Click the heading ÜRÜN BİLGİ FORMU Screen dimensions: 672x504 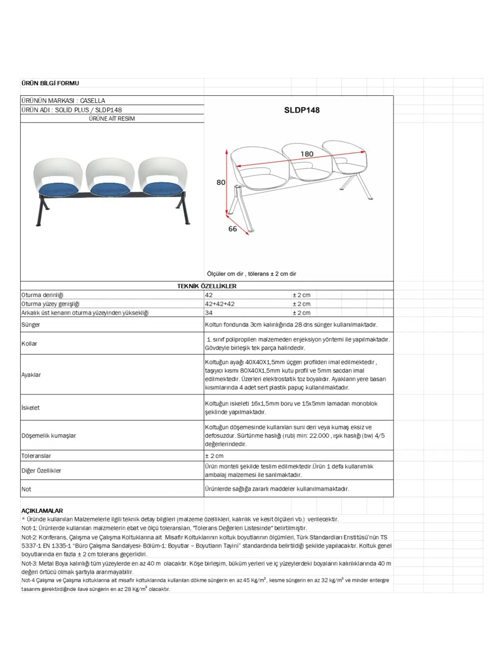click(50, 83)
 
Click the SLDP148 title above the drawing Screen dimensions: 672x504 click(302, 110)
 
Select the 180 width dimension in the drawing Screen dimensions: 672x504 click(307, 154)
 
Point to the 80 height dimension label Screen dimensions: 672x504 click(221, 182)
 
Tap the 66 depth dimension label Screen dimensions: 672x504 click(233, 229)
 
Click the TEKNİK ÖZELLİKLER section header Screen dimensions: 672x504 click(207, 286)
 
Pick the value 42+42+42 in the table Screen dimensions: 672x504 click(220, 304)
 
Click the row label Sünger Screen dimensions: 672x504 click(31, 325)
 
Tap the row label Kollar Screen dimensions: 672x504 click(29, 344)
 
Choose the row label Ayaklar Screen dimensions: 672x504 click(31, 375)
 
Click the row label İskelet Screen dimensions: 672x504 click(30, 407)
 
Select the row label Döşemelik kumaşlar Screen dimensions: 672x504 click(49, 436)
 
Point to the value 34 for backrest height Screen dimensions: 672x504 click(209, 312)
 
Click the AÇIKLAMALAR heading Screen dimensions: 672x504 click(42, 511)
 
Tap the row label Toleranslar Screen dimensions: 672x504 click(36, 456)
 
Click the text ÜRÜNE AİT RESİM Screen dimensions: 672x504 click(112, 118)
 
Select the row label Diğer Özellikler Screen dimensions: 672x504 click(41, 470)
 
